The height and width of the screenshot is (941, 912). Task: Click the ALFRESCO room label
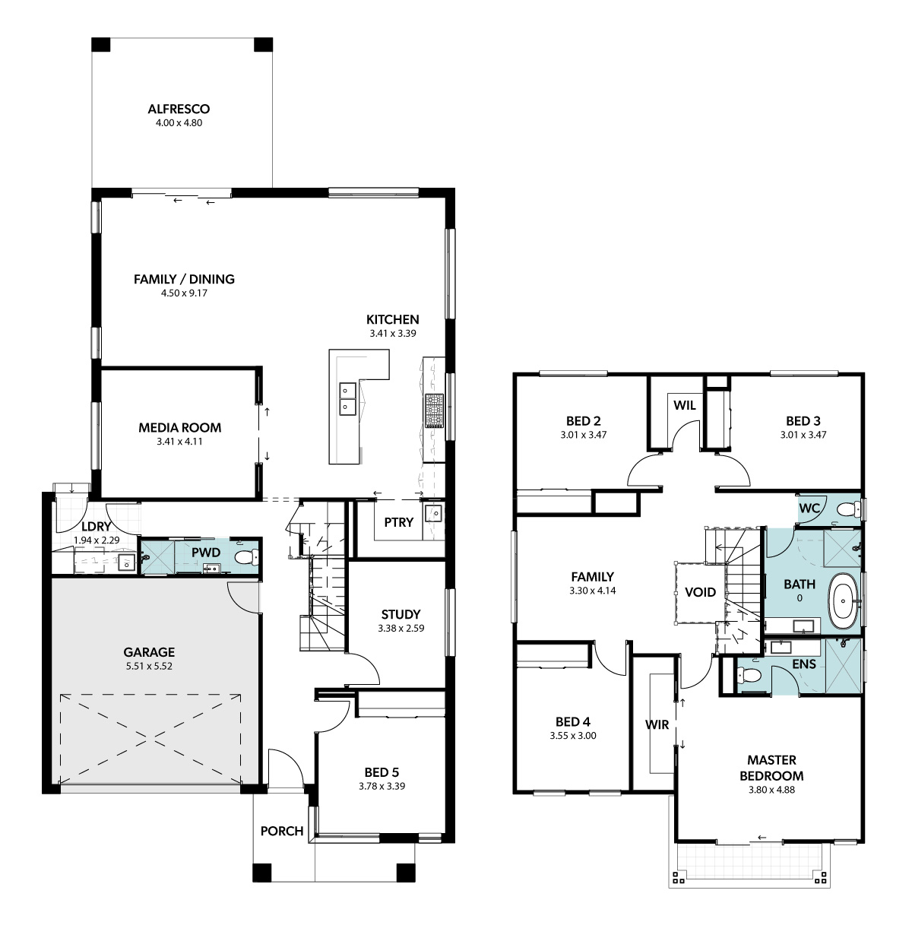(x=179, y=109)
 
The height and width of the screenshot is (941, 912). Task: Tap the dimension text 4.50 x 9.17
(x=184, y=293)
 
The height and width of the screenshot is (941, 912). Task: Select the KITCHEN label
(x=392, y=319)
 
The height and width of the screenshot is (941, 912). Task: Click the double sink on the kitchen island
(x=347, y=399)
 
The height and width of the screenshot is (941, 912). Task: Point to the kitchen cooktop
(x=434, y=410)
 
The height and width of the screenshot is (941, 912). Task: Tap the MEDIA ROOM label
(x=179, y=427)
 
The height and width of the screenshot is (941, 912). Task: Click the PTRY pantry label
(x=398, y=522)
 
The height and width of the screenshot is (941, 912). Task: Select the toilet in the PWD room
(x=246, y=557)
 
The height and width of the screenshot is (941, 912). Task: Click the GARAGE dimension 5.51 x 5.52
(x=149, y=666)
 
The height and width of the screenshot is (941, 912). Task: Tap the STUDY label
(x=401, y=614)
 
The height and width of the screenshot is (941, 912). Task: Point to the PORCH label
(x=281, y=831)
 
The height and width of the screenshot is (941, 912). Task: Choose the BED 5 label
(x=382, y=772)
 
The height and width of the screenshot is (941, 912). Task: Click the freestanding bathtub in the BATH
(x=844, y=600)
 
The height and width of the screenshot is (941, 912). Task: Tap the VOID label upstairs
(x=700, y=592)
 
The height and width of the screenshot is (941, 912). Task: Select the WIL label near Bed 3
(x=684, y=405)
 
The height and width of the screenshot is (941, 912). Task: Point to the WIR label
(x=657, y=724)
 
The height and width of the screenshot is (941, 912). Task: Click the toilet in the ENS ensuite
(x=744, y=674)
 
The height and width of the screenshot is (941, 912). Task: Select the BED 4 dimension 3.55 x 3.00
(x=572, y=736)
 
